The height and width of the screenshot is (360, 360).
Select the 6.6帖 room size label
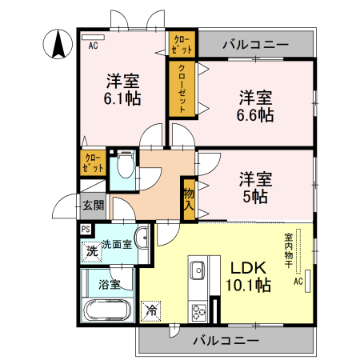[255, 106]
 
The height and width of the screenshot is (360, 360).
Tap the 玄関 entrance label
[93, 205]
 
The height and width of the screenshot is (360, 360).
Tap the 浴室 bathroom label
[109, 284]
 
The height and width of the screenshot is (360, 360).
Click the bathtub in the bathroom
[108, 310]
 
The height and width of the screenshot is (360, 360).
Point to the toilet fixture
[123, 167]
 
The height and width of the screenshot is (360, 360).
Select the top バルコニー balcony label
[255, 44]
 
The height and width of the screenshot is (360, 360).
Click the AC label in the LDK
[298, 282]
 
